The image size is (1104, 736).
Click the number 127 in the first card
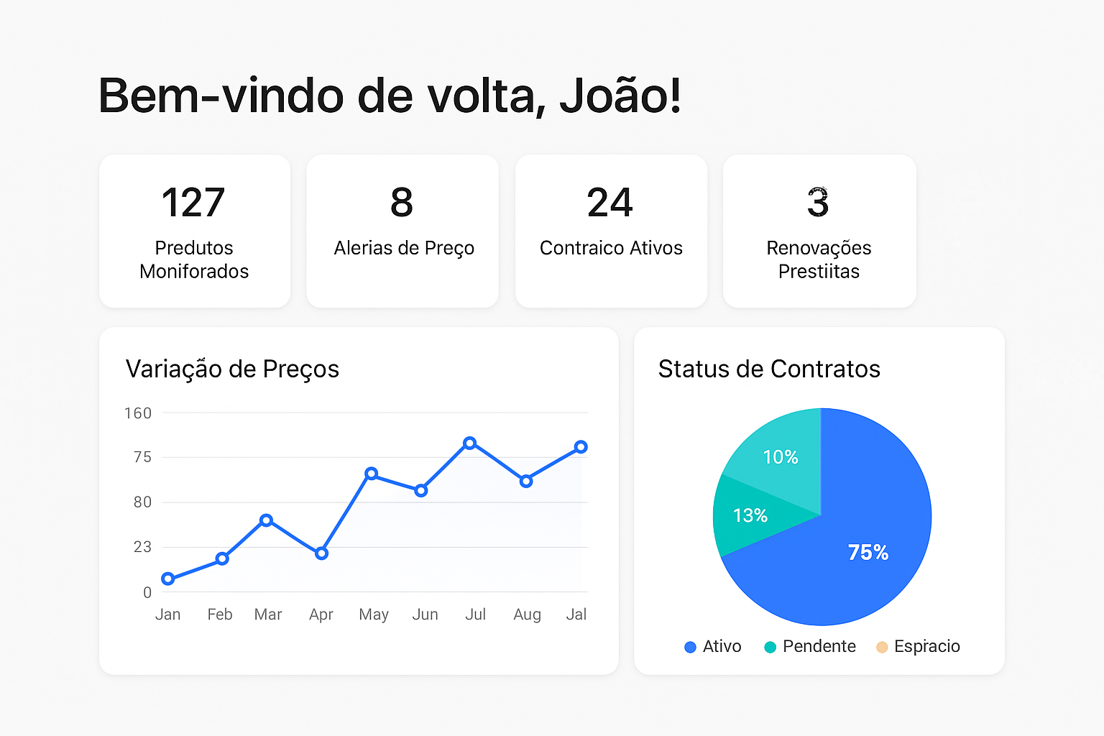coord(193,203)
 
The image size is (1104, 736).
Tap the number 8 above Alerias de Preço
coord(402,203)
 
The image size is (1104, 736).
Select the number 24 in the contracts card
coord(610,203)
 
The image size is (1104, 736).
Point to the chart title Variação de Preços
coord(232,369)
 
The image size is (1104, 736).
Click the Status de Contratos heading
coord(769,369)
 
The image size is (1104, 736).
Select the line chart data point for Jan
coord(168,579)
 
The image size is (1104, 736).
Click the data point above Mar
coord(266,520)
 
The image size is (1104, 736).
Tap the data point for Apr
coord(321,553)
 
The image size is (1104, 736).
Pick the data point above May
coord(371,474)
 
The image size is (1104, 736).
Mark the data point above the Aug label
coord(526,481)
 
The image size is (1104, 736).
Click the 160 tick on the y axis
coord(138,413)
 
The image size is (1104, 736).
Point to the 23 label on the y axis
coord(142,547)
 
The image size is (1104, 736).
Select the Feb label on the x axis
coord(220,615)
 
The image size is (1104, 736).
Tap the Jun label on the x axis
coord(425,615)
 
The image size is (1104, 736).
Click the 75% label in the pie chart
coord(868,552)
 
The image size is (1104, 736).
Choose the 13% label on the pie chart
coord(750,515)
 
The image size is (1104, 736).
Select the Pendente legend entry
coord(810,647)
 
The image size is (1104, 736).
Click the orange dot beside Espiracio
coord(882,647)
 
